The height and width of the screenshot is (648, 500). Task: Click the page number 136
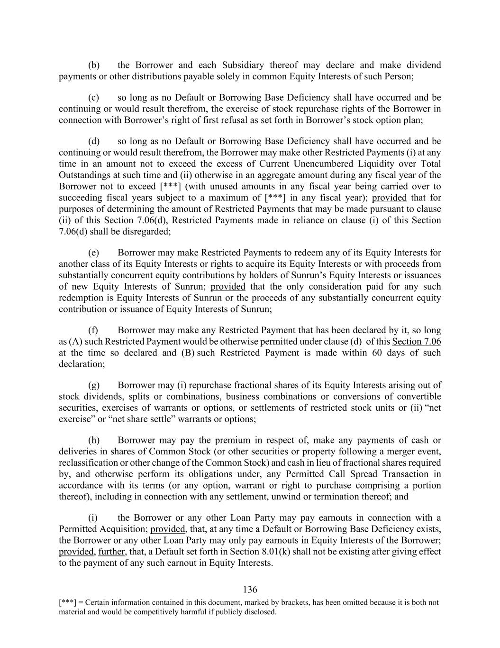click(x=250, y=590)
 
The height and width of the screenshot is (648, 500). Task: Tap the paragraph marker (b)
click(x=94, y=65)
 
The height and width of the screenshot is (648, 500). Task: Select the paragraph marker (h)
click(x=94, y=440)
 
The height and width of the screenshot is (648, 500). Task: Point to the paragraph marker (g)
click(x=94, y=385)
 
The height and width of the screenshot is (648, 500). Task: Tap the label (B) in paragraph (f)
click(x=187, y=353)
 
